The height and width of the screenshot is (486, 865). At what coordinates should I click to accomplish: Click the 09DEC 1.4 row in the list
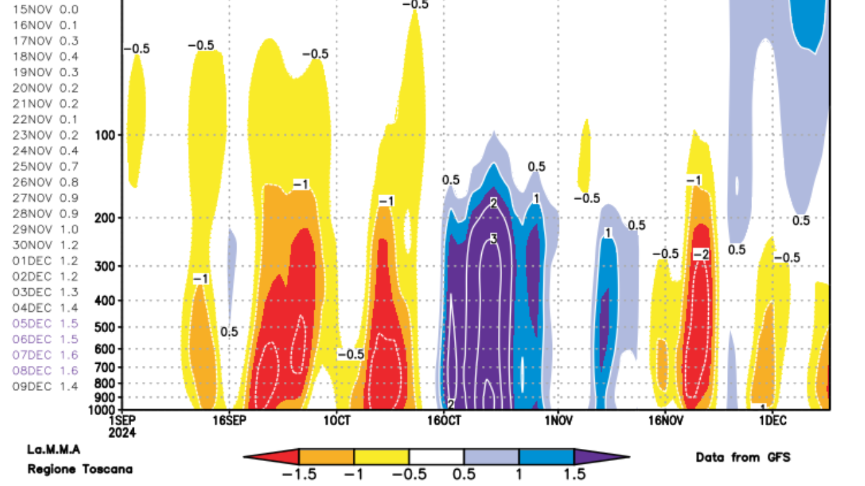coord(46,386)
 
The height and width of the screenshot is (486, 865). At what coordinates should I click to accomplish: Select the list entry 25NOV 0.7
coord(46,167)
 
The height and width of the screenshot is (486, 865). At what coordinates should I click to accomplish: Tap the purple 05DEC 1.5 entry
coord(46,323)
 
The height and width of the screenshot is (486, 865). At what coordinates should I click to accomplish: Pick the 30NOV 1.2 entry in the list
coord(46,245)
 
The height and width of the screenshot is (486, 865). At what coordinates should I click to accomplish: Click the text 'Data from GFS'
coord(743,457)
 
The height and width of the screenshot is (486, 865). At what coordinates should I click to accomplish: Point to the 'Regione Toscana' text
coord(80,469)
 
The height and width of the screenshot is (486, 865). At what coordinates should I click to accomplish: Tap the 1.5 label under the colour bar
coord(573,475)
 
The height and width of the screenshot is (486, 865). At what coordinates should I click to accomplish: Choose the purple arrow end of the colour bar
coord(618,457)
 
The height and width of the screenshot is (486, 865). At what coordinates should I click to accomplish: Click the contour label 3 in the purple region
coord(494,238)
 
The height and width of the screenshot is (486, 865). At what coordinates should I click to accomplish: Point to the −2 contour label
coord(701,254)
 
